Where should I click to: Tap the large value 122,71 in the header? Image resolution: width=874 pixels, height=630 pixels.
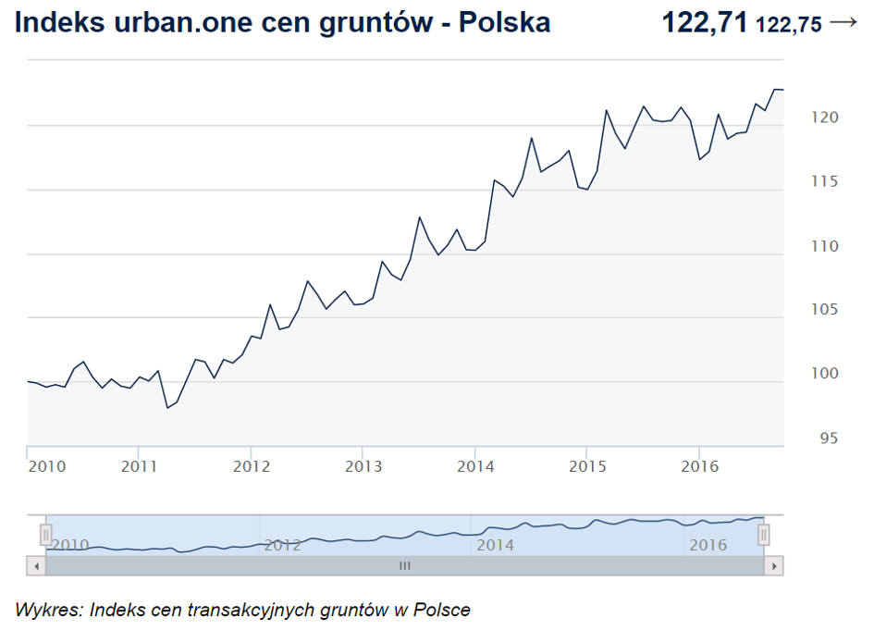click(704, 22)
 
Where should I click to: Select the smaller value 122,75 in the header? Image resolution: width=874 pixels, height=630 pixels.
click(788, 25)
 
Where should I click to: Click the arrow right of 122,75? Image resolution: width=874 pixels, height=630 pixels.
click(843, 22)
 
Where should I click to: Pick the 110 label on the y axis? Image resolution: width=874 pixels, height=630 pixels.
click(801, 246)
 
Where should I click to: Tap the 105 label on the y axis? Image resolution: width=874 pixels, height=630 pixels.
click(801, 310)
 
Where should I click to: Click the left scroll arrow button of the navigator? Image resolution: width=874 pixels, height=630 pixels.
click(36, 564)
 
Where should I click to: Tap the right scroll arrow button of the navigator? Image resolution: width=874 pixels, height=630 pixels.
click(774, 564)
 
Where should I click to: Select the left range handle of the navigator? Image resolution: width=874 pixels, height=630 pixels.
click(45, 535)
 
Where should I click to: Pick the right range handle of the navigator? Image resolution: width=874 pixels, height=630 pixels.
click(764, 535)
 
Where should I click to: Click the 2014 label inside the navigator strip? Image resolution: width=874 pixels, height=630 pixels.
click(495, 545)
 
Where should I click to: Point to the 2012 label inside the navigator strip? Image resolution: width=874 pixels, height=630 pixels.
click(283, 545)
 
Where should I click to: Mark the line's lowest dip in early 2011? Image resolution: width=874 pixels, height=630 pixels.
click(167, 408)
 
